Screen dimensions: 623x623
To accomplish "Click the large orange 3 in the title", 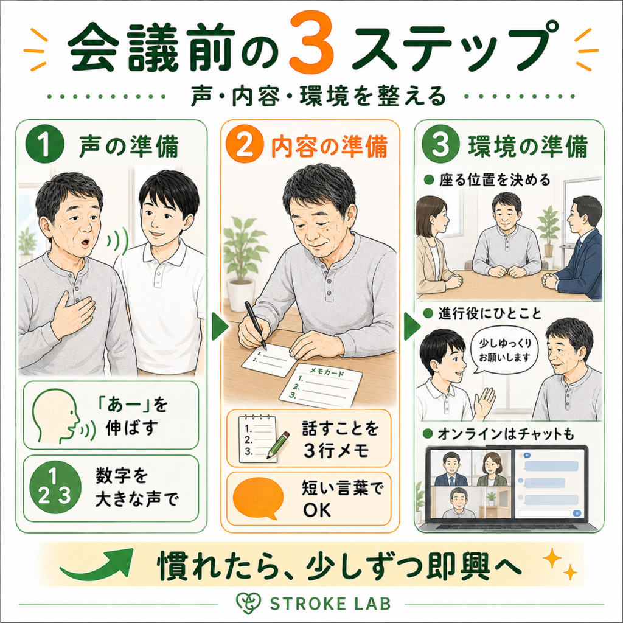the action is click(x=311, y=41).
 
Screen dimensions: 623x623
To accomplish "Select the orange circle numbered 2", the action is click(x=245, y=145).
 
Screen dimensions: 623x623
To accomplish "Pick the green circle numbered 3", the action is click(x=440, y=145).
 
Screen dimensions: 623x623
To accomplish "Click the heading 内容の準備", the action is click(x=329, y=147).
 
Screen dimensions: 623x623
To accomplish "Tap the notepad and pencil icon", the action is click(x=262, y=439).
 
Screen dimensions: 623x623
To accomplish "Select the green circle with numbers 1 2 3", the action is click(x=55, y=487).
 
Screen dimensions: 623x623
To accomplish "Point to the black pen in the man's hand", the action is click(x=255, y=325).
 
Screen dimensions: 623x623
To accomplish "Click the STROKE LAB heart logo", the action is click(x=248, y=603).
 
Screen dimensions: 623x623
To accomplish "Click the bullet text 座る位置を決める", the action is click(x=494, y=180).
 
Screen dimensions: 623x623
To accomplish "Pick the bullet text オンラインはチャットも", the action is click(x=506, y=434).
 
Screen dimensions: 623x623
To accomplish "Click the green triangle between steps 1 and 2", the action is click(x=220, y=327).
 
